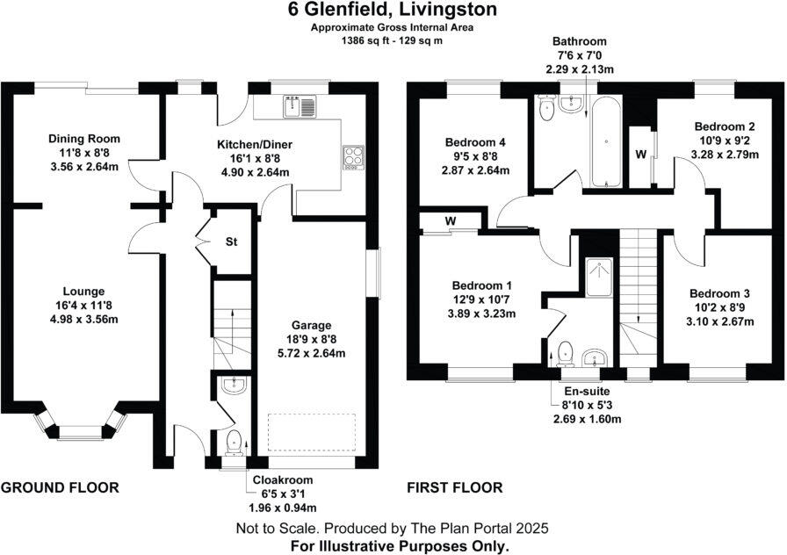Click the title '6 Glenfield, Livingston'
pyautogui.click(x=392, y=11)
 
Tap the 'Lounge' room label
pyautogui.click(x=83, y=292)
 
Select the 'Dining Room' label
pyautogui.click(x=83, y=139)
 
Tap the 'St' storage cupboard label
pyautogui.click(x=232, y=241)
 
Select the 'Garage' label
pyautogui.click(x=313, y=325)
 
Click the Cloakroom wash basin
pyautogui.click(x=232, y=385)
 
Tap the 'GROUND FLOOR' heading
pyautogui.click(x=60, y=487)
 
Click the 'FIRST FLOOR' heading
pyautogui.click(x=454, y=487)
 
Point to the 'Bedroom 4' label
pyautogui.click(x=475, y=142)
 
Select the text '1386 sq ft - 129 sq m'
pyautogui.click(x=392, y=40)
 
